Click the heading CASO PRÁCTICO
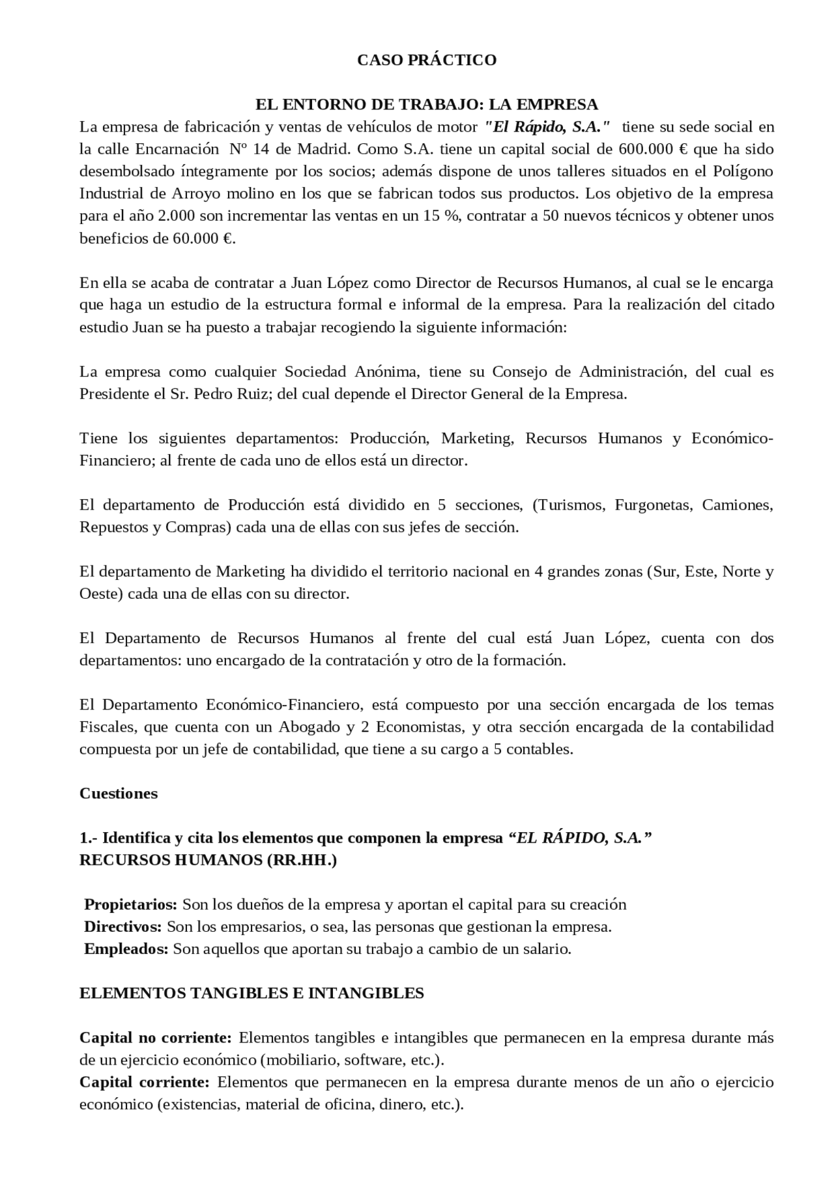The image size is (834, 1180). click(427, 60)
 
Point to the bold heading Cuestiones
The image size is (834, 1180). click(119, 793)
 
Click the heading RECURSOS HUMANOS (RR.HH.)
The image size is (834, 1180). click(208, 860)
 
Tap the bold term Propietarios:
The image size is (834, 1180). click(131, 904)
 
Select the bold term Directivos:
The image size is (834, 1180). click(123, 927)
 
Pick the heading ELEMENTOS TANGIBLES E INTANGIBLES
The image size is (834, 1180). click(252, 993)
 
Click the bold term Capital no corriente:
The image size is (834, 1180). click(155, 1037)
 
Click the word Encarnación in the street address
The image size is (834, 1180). click(177, 149)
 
